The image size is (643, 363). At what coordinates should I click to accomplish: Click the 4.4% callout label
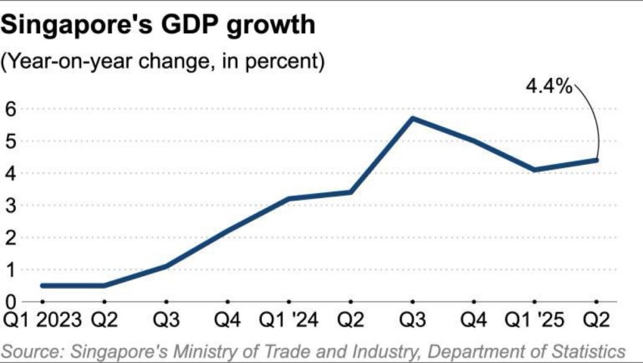point(548,87)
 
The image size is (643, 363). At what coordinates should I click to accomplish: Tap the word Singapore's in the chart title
point(73,26)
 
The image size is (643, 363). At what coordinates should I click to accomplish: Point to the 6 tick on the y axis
point(9,109)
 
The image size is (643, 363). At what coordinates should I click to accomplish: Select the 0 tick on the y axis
point(9,301)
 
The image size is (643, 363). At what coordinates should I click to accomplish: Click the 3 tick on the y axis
point(9,205)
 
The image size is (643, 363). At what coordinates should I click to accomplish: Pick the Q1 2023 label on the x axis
point(41,320)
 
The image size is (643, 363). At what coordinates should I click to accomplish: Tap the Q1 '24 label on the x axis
point(288,320)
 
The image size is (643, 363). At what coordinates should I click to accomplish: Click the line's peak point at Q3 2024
point(412,118)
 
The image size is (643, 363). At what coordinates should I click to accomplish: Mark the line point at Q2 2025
point(596,160)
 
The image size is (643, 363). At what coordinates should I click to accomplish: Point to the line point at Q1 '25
point(535,169)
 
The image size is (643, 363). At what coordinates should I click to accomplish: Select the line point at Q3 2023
point(166,266)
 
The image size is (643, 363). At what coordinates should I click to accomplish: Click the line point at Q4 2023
point(227,231)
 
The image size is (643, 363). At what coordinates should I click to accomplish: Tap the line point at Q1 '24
point(289,199)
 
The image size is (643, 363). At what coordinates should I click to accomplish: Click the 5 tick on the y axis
point(9,141)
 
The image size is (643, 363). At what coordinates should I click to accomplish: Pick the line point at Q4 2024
point(473,141)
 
